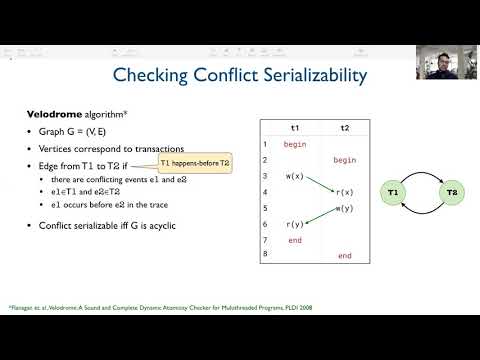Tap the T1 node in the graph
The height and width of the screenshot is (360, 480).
393,191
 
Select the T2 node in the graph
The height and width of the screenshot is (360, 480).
451,191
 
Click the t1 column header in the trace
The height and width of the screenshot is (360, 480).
294,128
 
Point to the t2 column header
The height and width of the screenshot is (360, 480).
345,128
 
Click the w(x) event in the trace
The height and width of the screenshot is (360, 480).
294,176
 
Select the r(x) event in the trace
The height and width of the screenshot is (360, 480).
345,192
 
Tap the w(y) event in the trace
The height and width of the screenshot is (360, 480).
345,208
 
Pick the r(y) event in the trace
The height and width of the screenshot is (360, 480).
294,224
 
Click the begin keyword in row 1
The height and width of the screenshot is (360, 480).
294,144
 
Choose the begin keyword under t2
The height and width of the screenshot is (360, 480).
345,160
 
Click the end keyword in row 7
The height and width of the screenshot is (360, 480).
294,240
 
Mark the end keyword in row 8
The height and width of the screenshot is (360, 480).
345,256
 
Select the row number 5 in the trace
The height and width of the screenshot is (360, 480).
266,208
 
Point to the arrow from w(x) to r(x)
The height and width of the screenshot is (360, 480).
319,184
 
